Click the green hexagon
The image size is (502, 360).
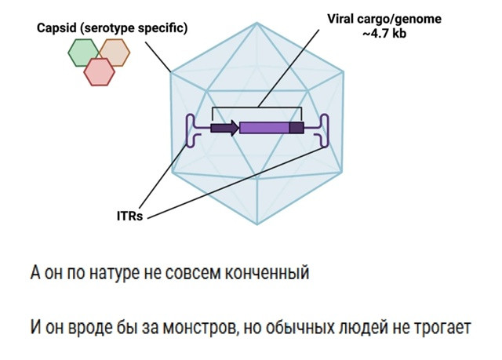tap(83, 53)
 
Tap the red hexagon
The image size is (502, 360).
tap(99, 71)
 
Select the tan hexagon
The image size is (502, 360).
tap(115, 53)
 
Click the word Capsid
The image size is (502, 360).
tap(56, 28)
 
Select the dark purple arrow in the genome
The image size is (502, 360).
tap(225, 128)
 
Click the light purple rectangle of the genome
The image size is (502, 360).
tap(264, 128)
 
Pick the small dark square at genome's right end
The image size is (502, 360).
tap(296, 128)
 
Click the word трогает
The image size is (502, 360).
tap(444, 326)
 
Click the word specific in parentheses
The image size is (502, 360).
tap(158, 28)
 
